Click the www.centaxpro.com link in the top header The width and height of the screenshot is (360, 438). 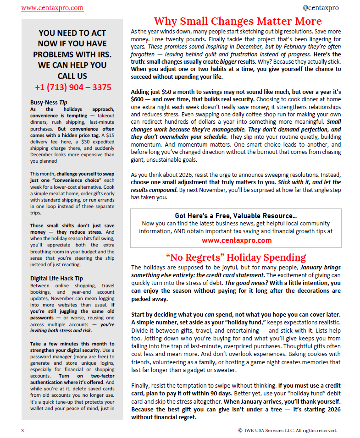point(52,8)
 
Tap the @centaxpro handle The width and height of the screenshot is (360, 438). point(321,8)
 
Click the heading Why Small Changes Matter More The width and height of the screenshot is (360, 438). point(238,21)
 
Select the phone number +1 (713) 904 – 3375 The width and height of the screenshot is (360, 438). point(72,87)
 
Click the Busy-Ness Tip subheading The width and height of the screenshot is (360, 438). point(49,102)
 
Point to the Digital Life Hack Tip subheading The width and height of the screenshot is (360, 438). point(56,278)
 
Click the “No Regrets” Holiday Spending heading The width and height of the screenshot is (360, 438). point(236,257)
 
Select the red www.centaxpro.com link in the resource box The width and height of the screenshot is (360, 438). point(236,240)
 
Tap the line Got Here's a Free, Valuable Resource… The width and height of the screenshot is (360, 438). point(236,216)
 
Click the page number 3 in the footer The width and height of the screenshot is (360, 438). point(22,430)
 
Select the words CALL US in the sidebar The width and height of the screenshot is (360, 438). point(72,76)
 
